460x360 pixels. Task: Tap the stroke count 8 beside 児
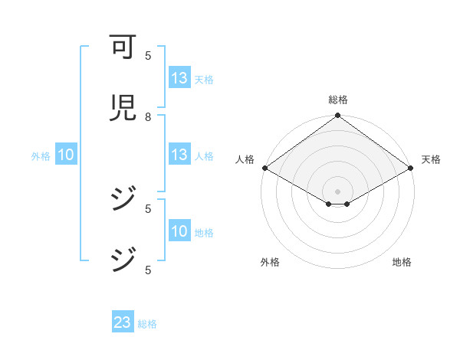pos(148,116)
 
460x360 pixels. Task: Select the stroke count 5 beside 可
pos(148,55)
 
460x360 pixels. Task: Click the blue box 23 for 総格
pos(122,322)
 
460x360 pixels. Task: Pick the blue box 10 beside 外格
pos(65,155)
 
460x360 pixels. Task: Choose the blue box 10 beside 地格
pos(179,232)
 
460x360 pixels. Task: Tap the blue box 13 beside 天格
pos(179,78)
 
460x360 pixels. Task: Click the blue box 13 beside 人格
pos(179,155)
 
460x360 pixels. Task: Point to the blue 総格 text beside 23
pos(147,324)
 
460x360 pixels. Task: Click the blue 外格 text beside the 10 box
pos(41,156)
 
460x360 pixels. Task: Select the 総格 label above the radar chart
pos(337,100)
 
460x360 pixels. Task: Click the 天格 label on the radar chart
pos(432,159)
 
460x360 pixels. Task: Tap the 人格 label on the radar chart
pos(245,159)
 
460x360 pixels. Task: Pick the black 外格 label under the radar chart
pos(269,263)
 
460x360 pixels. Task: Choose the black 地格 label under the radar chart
pos(402,263)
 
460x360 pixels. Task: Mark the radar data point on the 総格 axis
pos(337,116)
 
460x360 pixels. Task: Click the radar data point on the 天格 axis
pos(411,168)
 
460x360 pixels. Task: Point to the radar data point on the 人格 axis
pos(264,168)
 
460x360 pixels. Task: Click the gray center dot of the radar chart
pos(337,191)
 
